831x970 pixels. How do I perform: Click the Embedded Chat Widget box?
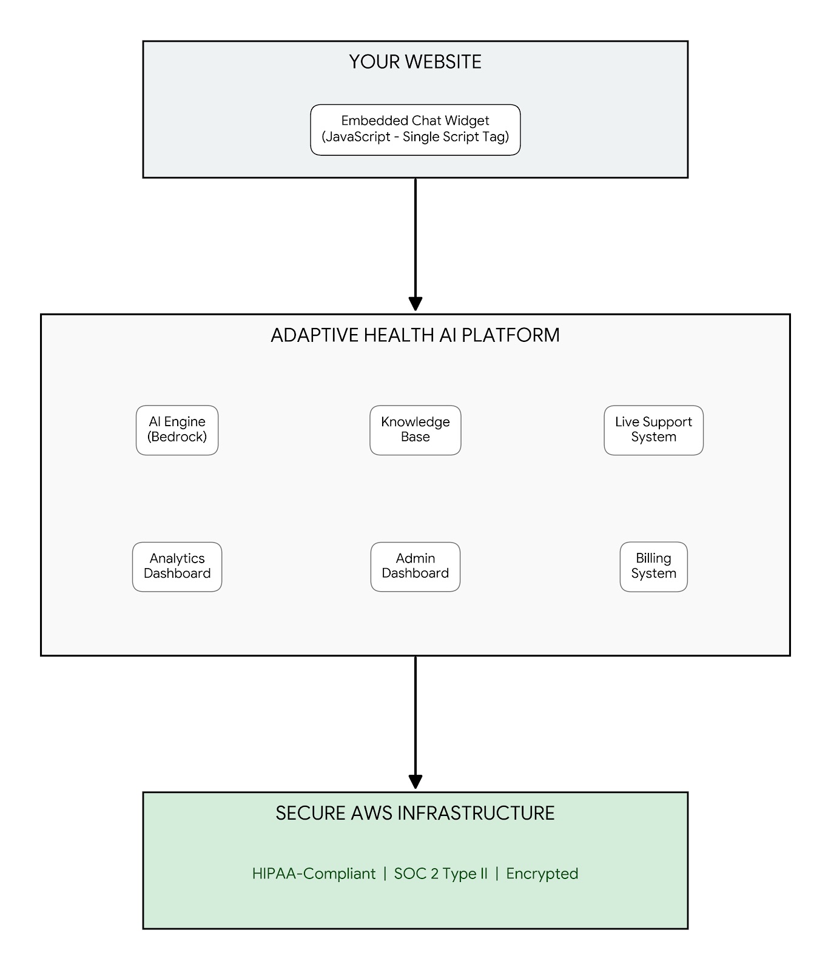tap(415, 129)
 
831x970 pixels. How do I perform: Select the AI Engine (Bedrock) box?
tap(177, 430)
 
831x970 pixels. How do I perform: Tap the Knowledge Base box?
tap(415, 430)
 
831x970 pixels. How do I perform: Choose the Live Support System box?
tap(653, 430)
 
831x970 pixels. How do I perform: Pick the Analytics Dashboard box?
tap(177, 566)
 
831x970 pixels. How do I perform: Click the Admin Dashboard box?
tap(415, 566)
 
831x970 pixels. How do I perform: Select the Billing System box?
tap(653, 566)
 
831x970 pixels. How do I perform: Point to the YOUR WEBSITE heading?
tap(415, 62)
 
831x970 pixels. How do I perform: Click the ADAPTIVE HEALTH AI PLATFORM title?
tap(415, 335)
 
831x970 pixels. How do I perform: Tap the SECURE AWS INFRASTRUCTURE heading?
tap(415, 813)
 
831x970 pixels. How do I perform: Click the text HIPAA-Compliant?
tap(314, 874)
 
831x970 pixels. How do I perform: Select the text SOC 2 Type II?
tap(440, 874)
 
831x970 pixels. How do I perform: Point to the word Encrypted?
tap(542, 874)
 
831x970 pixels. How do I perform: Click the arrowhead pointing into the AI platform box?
tap(415, 304)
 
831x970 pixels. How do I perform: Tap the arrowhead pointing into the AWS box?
tap(415, 781)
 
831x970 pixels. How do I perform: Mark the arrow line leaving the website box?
tap(415, 236)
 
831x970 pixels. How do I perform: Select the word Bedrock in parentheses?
tap(177, 437)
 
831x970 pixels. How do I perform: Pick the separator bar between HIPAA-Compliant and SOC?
tap(385, 874)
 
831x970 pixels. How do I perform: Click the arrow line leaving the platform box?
tap(415, 715)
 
